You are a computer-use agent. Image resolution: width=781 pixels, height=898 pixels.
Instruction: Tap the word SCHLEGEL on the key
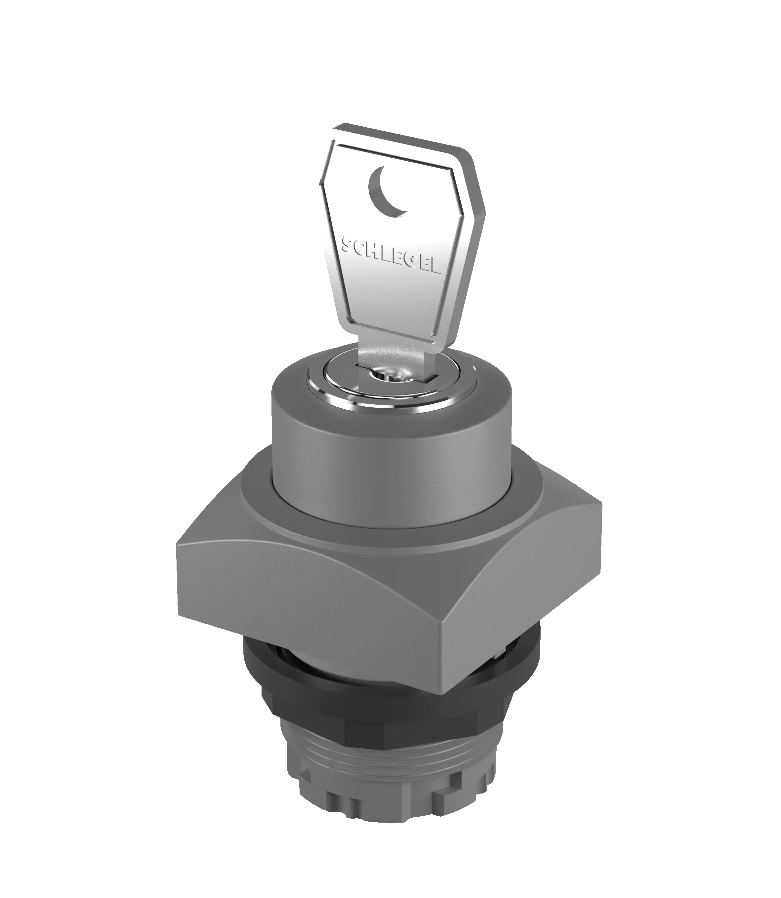point(390,256)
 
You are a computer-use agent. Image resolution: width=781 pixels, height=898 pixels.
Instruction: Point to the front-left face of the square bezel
point(305,601)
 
